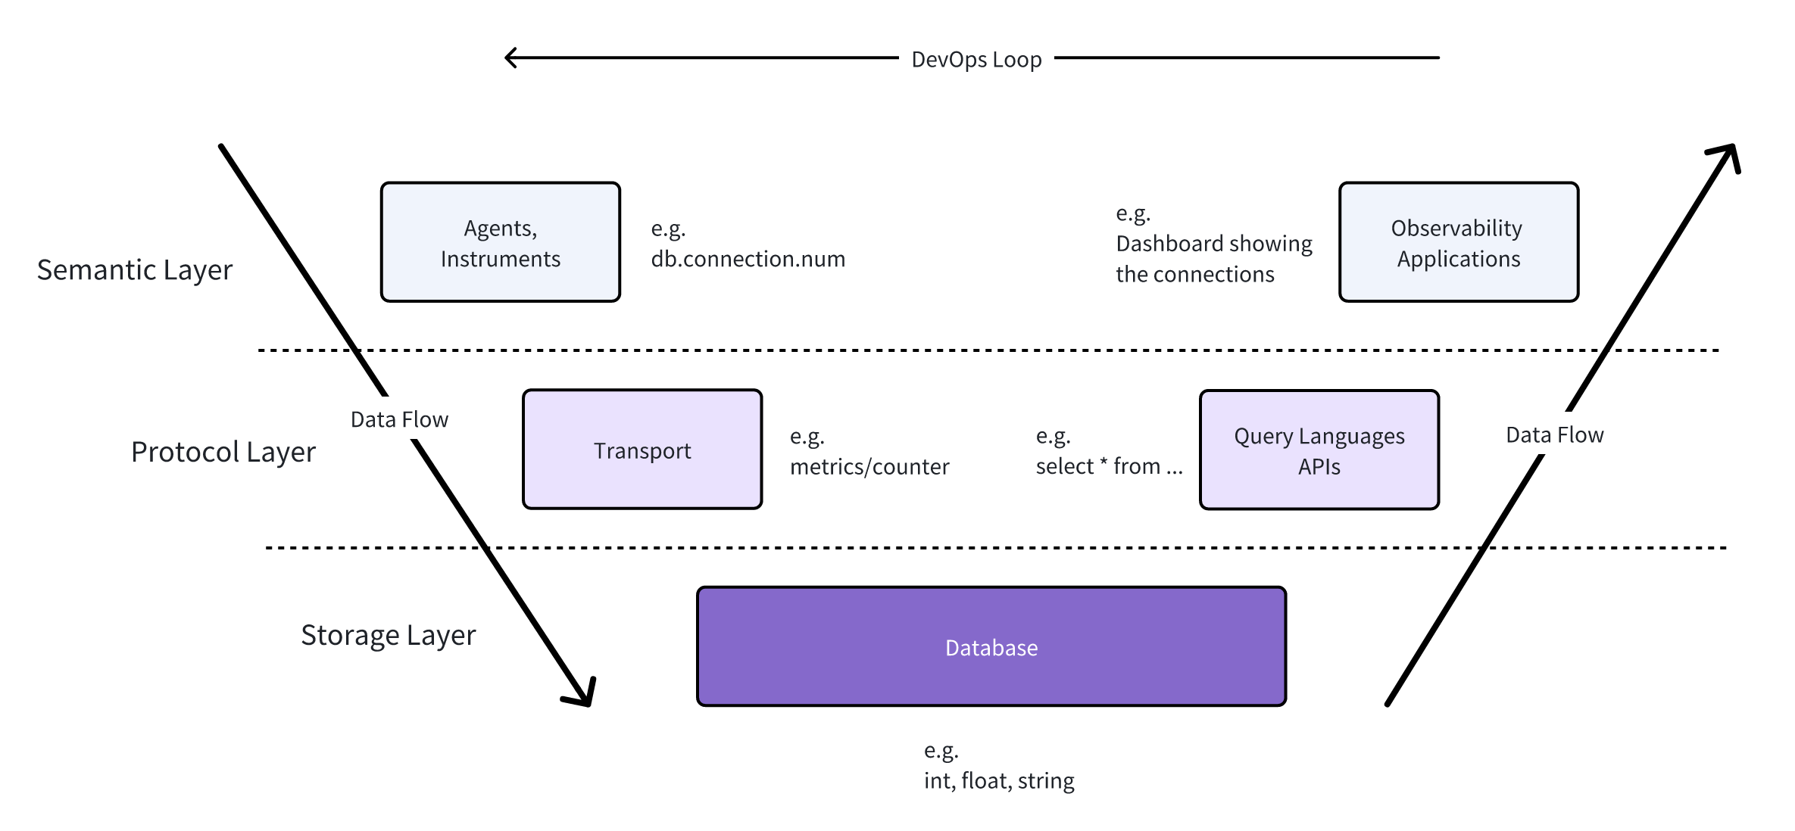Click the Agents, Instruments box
(x=501, y=242)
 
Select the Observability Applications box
(x=1458, y=242)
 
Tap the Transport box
(x=642, y=450)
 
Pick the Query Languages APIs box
(x=1319, y=450)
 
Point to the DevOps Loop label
(x=976, y=59)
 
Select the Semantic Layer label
(x=135, y=270)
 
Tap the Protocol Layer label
(x=223, y=452)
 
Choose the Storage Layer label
(x=388, y=635)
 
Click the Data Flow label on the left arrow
(x=399, y=419)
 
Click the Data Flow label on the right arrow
(x=1554, y=435)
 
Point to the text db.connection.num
(x=748, y=259)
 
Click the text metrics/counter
(x=869, y=467)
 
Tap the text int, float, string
(x=998, y=780)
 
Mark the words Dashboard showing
(x=1213, y=244)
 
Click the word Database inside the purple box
(x=991, y=648)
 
